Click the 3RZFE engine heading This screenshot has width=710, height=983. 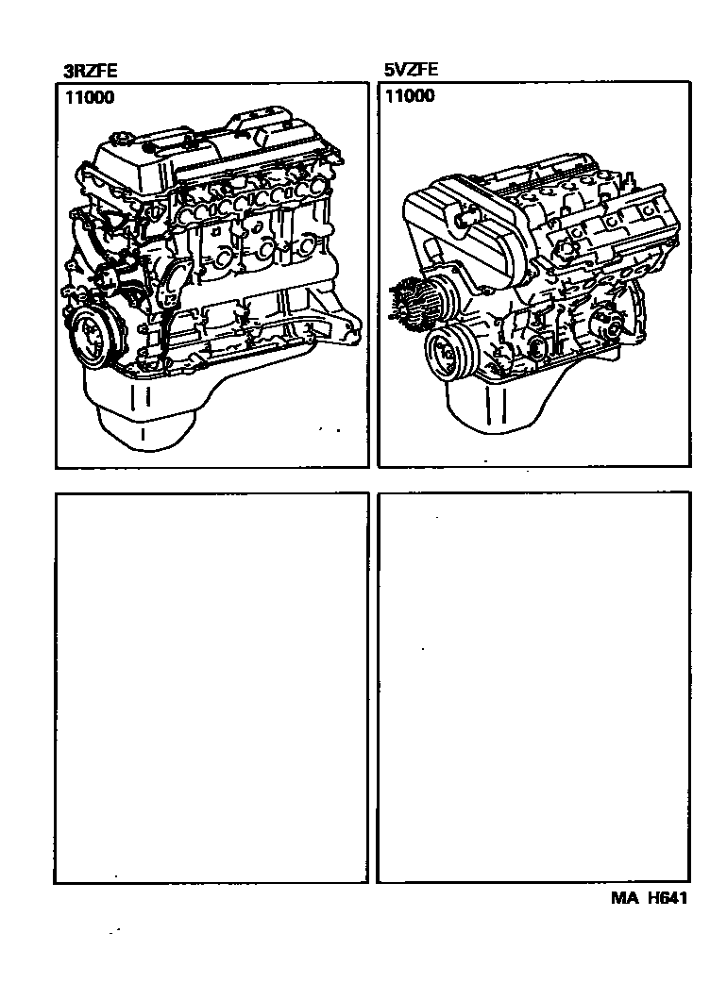point(90,71)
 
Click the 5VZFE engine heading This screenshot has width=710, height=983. point(411,69)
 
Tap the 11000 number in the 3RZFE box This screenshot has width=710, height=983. point(90,97)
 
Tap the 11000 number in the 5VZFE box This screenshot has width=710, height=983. point(410,95)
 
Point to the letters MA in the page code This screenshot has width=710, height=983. point(625,898)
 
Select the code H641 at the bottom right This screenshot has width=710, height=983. point(668,898)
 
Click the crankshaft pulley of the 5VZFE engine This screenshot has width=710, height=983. point(450,354)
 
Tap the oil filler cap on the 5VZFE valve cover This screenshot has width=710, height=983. point(566,248)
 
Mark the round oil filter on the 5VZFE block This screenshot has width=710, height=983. point(537,349)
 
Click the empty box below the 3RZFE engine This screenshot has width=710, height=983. point(211,688)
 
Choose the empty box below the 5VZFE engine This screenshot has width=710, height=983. point(533,687)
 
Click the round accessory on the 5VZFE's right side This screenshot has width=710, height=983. point(607,323)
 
